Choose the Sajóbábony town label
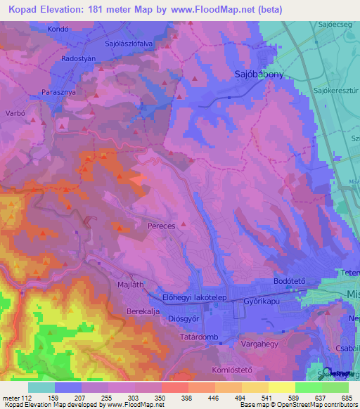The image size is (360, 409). point(259,73)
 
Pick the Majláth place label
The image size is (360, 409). point(129,285)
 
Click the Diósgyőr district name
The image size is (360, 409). point(179,316)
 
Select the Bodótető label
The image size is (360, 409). point(288,281)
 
